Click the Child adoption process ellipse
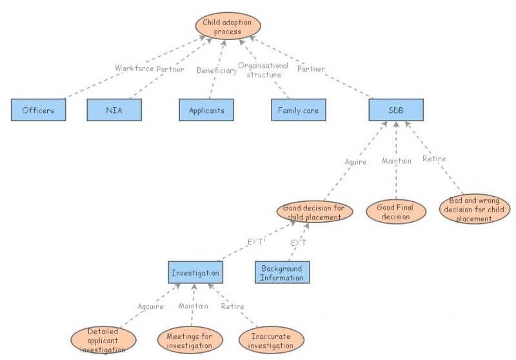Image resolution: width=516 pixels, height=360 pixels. click(x=228, y=27)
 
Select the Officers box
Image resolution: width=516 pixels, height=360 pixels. click(x=38, y=110)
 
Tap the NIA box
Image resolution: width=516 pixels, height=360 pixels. click(x=114, y=110)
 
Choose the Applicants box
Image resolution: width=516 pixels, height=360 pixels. click(x=206, y=110)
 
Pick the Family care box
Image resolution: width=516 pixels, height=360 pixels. click(x=298, y=110)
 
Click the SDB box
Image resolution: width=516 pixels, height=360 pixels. click(x=396, y=110)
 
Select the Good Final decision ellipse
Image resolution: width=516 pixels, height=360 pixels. click(x=395, y=212)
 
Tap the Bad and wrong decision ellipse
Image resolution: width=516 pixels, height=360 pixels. click(x=475, y=210)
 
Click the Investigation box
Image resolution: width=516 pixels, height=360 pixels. click(x=195, y=273)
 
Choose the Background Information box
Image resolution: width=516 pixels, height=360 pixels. click(x=282, y=273)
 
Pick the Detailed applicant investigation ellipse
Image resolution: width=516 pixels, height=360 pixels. click(x=104, y=340)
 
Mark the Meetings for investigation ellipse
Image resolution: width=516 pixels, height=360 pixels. click(x=190, y=341)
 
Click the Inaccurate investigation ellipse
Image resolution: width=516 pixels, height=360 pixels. click(x=271, y=341)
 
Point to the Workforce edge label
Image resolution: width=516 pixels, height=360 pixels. click(x=135, y=68)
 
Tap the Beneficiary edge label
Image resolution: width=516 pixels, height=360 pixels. click(x=217, y=71)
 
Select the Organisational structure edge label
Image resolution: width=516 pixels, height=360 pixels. click(x=263, y=70)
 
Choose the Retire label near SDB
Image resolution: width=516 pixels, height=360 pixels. click(x=433, y=159)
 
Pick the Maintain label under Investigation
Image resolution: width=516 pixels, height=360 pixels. click(x=193, y=306)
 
